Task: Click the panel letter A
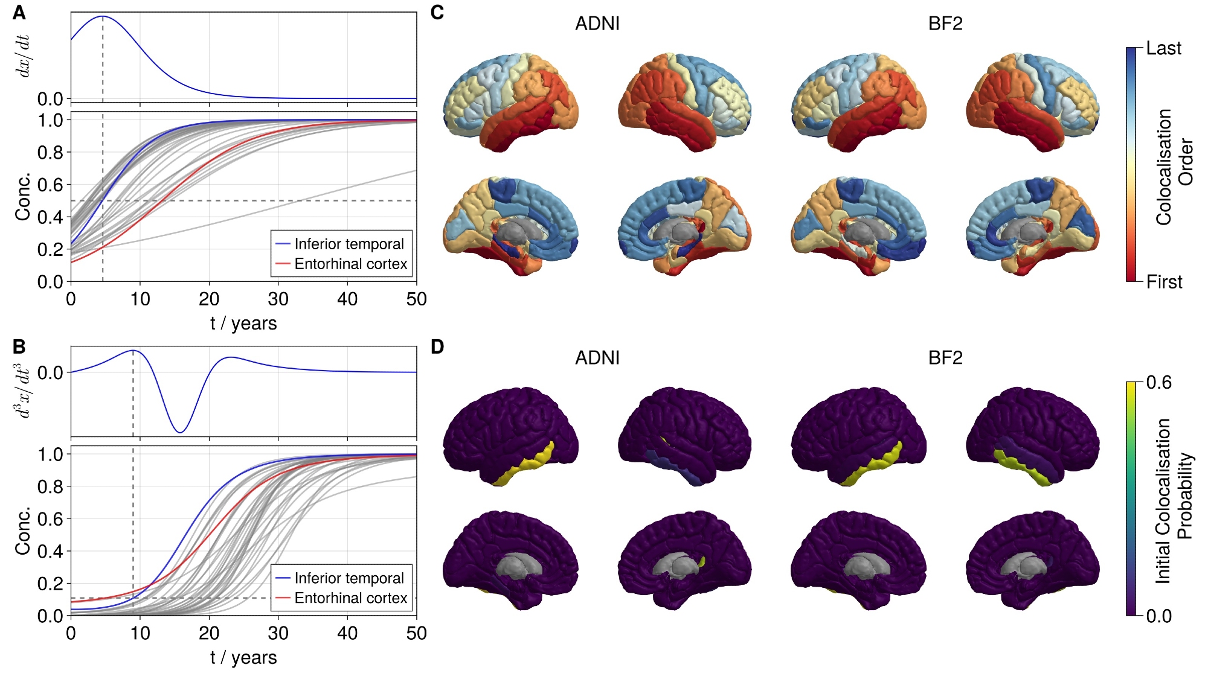coord(19,13)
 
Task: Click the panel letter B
coord(19,346)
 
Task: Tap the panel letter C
coord(437,13)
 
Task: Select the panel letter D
coord(437,346)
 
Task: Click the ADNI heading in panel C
coord(597,24)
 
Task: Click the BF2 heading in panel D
coord(945,358)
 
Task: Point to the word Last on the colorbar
coord(1163,48)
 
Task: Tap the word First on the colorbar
coord(1164,282)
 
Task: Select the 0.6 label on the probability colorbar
coord(1158,383)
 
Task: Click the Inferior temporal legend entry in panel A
coord(349,244)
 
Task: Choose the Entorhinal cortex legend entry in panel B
coord(350,598)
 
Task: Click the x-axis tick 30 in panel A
coord(278,299)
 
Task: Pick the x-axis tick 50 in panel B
coord(416,633)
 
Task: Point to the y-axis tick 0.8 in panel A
coord(50,153)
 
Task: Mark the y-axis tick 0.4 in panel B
coord(50,551)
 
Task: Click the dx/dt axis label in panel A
coord(23,56)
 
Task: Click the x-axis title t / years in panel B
coord(243,657)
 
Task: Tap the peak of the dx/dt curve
coord(103,16)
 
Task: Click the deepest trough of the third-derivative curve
coord(179,432)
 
